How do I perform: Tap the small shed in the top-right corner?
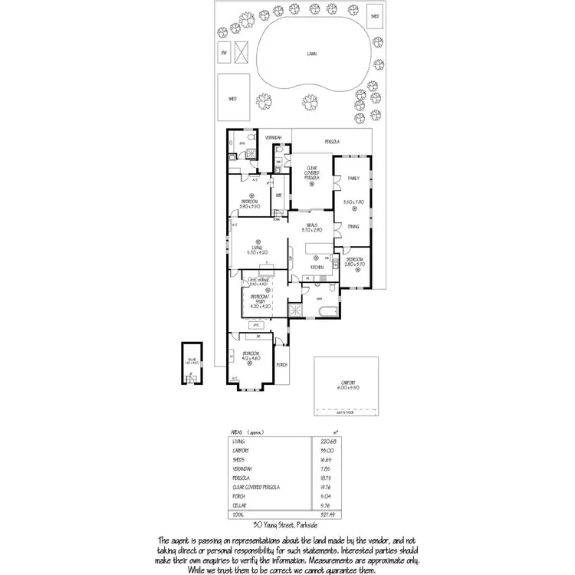coord(376,15)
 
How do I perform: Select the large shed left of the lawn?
coord(232,99)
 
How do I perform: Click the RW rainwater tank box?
coord(224,52)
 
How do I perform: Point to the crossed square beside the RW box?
coord(243,52)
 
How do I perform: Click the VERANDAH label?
coord(274,137)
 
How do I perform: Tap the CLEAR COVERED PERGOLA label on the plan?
coord(312,172)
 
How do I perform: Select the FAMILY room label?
coord(353,178)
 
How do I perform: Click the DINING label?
coord(353,226)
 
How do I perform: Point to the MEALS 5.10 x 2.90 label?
coord(312,227)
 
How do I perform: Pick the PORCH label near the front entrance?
coord(282,364)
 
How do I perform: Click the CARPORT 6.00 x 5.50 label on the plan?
coord(349,386)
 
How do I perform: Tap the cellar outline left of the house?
coord(190,363)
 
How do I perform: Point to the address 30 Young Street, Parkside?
coord(287,526)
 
